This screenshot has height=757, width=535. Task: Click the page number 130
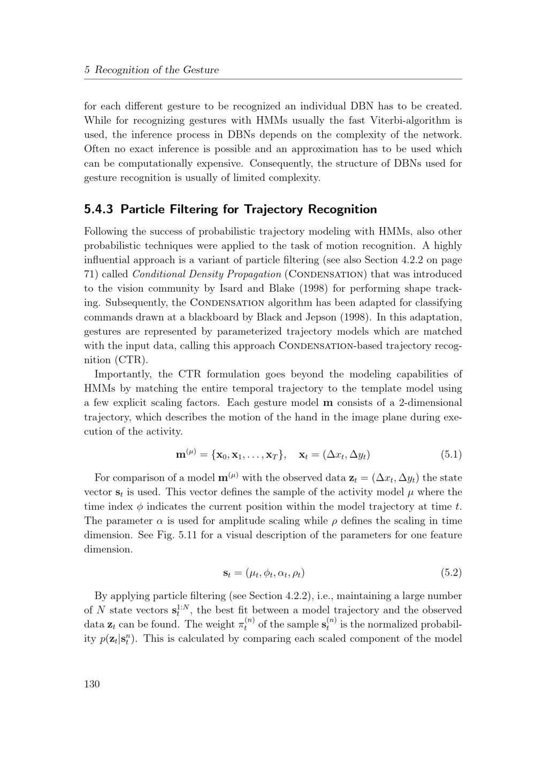pos(92,684)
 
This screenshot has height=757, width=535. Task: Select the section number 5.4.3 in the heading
pos(98,209)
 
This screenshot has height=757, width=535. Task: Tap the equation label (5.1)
pos(451,455)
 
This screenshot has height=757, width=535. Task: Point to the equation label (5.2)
pos(451,573)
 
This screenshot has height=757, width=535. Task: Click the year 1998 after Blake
pos(294,289)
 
